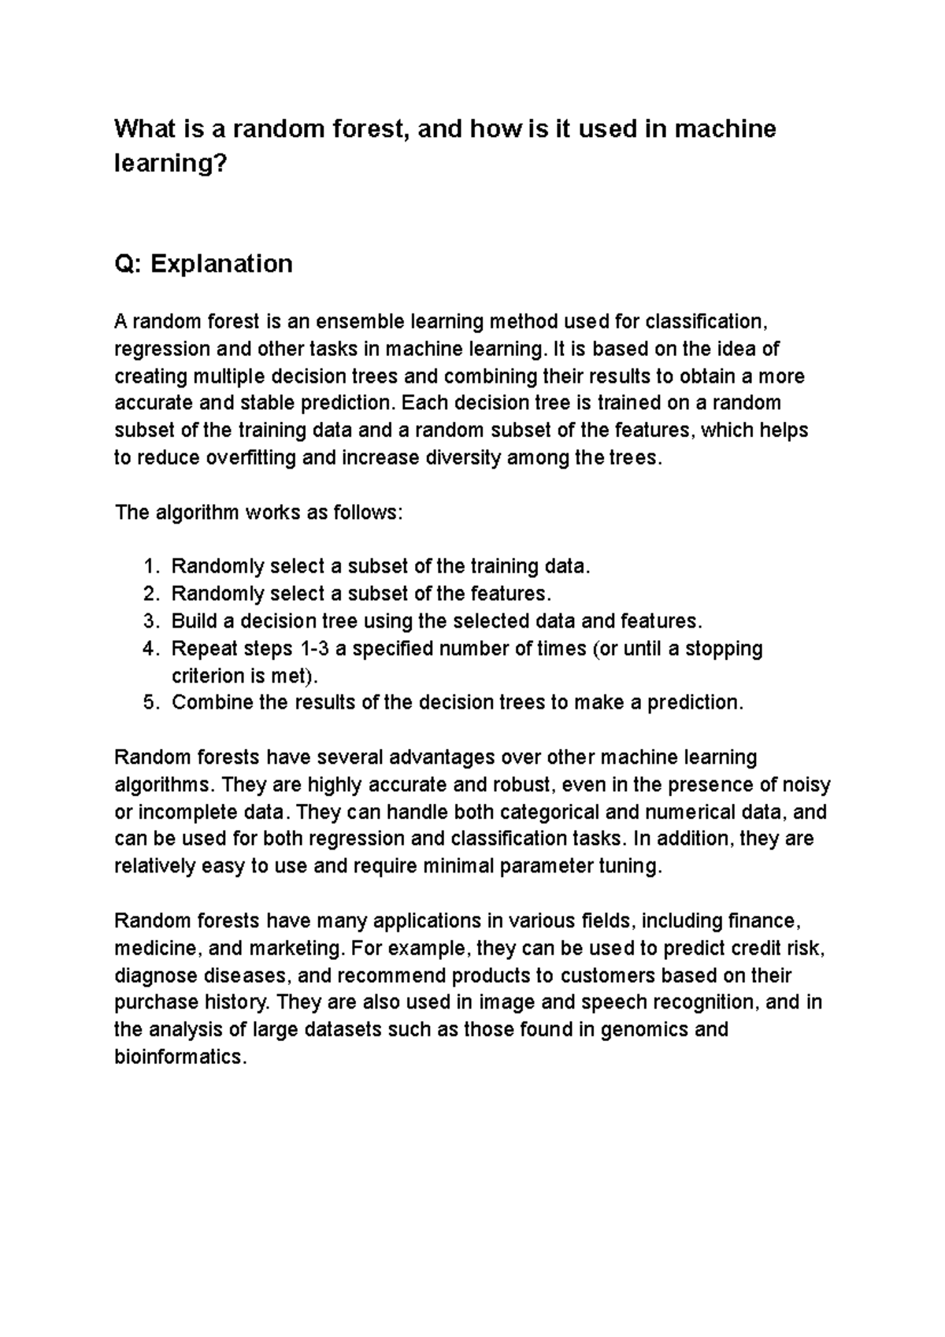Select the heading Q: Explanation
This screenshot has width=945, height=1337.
203,263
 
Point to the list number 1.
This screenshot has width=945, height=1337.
150,566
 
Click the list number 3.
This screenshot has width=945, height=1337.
150,621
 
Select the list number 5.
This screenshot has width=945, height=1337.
150,702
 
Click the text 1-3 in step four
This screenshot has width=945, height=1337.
312,649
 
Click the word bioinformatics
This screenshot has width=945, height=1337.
180,1057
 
